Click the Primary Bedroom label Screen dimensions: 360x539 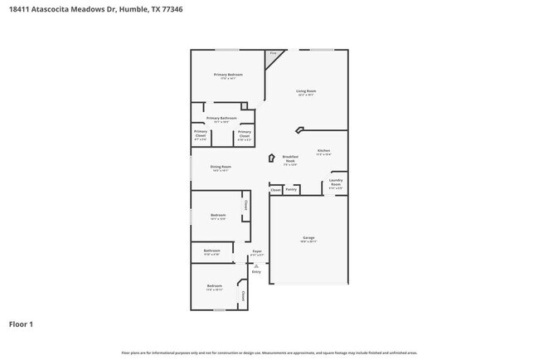(228, 75)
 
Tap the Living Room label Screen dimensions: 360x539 (307, 91)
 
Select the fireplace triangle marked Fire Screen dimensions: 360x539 (273, 56)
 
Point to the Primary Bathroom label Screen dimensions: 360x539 (221, 118)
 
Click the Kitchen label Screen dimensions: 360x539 (323, 151)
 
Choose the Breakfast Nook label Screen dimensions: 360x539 (290, 158)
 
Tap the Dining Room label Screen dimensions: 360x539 (220, 167)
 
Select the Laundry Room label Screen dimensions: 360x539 (336, 182)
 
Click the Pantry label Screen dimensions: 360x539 (291, 189)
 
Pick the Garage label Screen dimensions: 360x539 (308, 238)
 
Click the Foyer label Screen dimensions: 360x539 (257, 251)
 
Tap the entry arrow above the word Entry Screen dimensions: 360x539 (256, 265)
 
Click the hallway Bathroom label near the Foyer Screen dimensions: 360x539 (212, 251)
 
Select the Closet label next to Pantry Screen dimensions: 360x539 (275, 189)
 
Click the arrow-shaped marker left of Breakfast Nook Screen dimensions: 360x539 (270, 158)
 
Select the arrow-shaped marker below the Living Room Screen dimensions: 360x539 (299, 129)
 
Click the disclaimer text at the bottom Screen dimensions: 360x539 (269, 353)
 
